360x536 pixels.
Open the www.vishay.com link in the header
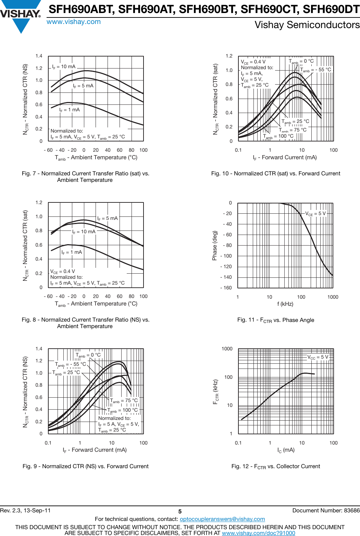tap(74, 22)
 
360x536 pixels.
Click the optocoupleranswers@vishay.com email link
tap(222, 519)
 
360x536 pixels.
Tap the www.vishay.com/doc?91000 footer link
tap(258, 533)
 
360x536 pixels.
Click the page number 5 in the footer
tap(180, 511)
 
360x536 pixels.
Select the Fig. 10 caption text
tap(275, 174)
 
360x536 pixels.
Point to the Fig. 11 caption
tap(275, 320)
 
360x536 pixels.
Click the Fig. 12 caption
tap(275, 466)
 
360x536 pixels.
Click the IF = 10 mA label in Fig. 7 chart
tap(64, 67)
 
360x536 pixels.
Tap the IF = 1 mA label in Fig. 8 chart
tap(72, 252)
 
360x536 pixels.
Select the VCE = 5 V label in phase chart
tap(315, 214)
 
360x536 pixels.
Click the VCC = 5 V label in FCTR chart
tap(318, 357)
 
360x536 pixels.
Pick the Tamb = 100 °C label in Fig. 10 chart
tap(278, 136)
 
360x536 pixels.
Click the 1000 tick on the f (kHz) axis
tap(333, 297)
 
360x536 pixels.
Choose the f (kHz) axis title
tap(285, 304)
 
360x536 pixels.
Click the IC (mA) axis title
tap(286, 450)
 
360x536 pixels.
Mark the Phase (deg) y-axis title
tap(215, 245)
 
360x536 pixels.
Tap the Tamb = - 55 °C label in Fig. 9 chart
tap(71, 364)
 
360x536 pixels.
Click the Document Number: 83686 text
tap(326, 510)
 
